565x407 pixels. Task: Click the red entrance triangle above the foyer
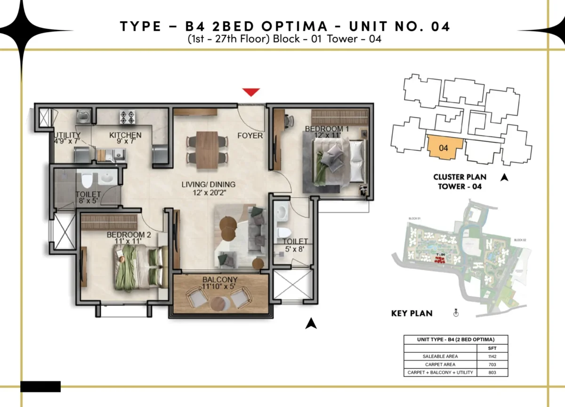(x=250, y=92)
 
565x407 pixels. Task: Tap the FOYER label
(x=250, y=136)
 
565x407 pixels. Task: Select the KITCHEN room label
(x=125, y=136)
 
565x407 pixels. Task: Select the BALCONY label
(x=220, y=280)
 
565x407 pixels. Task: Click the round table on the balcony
(x=220, y=303)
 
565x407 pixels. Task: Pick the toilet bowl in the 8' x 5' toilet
(x=86, y=180)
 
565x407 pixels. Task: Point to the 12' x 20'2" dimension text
(x=208, y=193)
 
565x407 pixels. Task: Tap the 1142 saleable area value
(x=492, y=356)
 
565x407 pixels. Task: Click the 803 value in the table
(x=492, y=373)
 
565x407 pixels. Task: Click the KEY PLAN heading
(x=412, y=313)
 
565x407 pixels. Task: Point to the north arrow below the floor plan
(x=310, y=323)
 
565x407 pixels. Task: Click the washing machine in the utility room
(x=83, y=115)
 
